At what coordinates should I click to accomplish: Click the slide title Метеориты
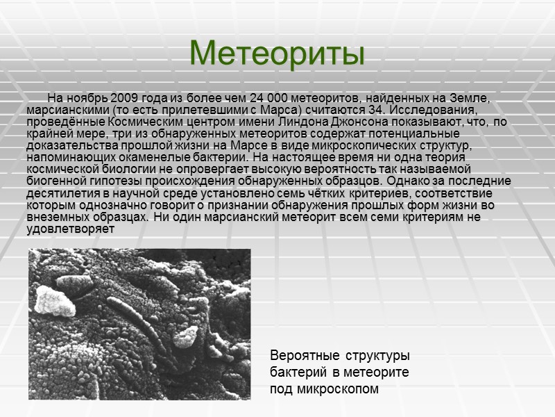277,53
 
